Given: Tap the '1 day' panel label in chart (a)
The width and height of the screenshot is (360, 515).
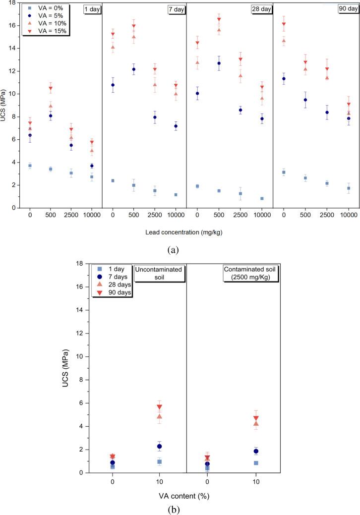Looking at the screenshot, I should click(92, 9).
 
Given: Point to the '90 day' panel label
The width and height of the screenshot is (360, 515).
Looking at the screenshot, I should click(347, 9).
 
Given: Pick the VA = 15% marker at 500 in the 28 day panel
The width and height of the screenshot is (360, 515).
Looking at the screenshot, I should click(219, 20).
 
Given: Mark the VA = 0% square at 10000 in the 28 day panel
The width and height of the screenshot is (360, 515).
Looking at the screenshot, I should click(262, 198).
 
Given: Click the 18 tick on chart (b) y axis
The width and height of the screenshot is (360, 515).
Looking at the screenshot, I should click(80, 263).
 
